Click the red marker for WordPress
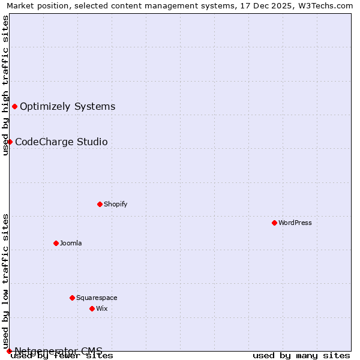point(274,223)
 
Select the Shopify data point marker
point(100,204)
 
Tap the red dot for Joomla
point(56,243)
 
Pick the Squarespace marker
point(72,298)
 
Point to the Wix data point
point(92,308)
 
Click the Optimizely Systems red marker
point(14,106)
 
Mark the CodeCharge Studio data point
point(10,142)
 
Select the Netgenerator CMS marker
point(9,351)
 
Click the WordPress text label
point(295,223)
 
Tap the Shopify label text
point(116,204)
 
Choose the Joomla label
point(71,243)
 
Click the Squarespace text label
point(97,298)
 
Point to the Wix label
point(101,308)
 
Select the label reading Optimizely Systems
point(67,107)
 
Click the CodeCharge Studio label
point(61,142)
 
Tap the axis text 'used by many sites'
point(301,356)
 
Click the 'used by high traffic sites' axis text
point(5,85)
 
